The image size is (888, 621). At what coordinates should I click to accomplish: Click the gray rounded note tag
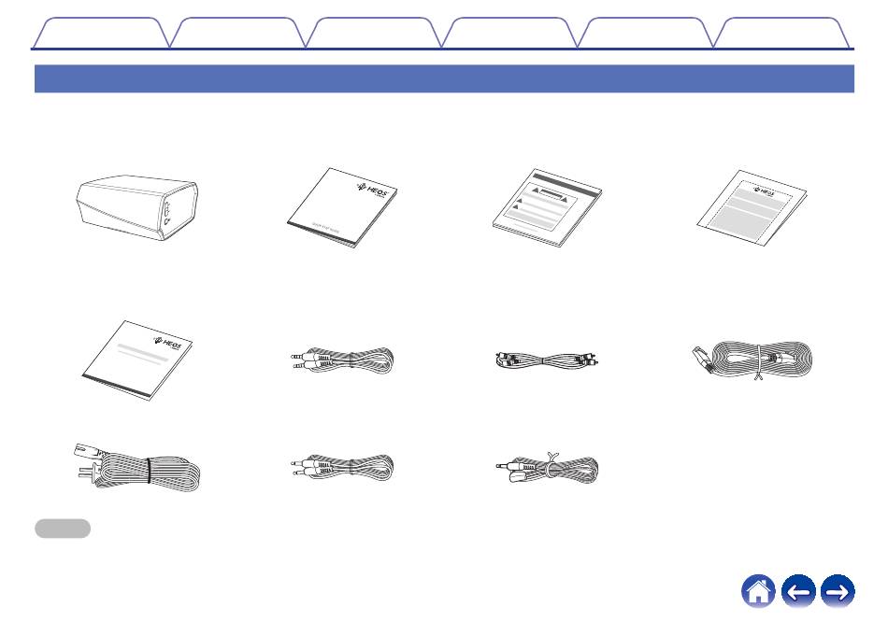(63, 529)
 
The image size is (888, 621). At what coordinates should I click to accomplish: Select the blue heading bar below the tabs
(444, 78)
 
